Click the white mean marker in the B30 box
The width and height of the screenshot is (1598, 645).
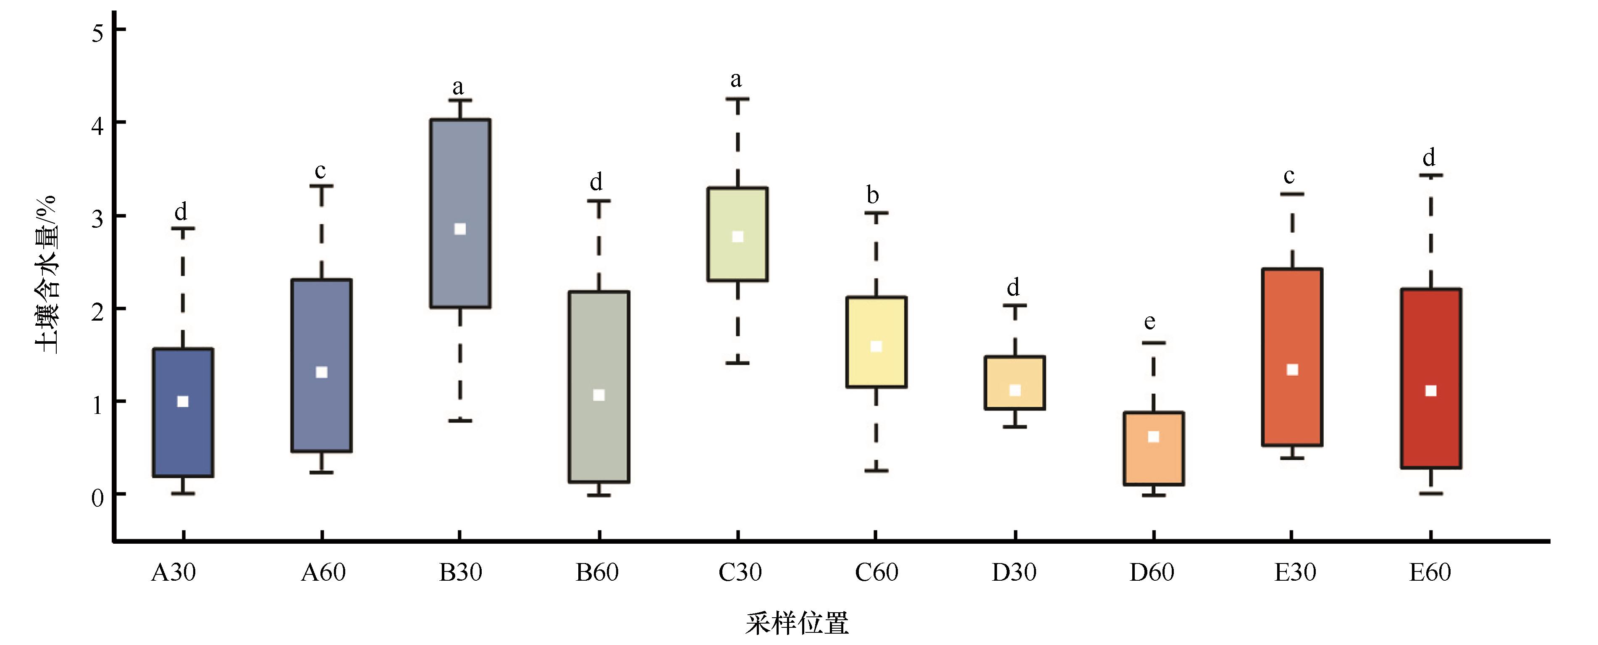(x=460, y=229)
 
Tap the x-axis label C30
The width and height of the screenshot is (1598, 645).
(x=740, y=572)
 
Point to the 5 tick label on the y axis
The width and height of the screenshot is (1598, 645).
(x=98, y=32)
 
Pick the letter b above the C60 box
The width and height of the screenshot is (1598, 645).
(x=872, y=195)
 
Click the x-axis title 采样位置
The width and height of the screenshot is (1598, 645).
(x=797, y=623)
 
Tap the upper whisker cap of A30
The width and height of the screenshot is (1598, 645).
(x=183, y=229)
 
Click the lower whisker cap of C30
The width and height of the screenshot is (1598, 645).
(x=737, y=363)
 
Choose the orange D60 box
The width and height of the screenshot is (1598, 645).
(x=1153, y=448)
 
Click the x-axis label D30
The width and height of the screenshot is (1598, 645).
(x=1014, y=572)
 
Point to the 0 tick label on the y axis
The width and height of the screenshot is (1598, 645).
(x=97, y=497)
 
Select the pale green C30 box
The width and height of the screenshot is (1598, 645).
(x=737, y=234)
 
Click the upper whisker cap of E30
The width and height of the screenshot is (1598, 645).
(x=1292, y=194)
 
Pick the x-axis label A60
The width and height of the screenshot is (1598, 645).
(x=323, y=572)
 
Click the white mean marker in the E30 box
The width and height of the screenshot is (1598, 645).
(x=1292, y=370)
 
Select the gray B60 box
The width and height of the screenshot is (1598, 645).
(x=598, y=386)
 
